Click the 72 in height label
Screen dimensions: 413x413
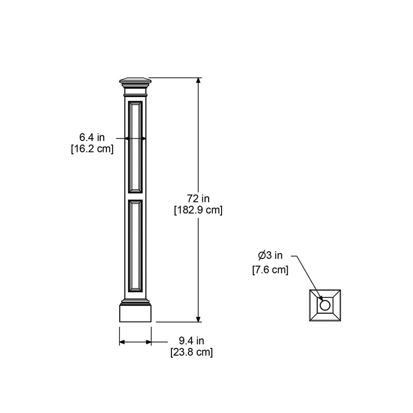[198, 199]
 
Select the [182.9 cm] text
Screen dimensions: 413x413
[199, 210]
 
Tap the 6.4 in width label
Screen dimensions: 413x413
[92, 137]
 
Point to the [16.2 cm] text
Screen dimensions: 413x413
[92, 149]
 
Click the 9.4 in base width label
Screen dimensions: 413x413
[192, 341]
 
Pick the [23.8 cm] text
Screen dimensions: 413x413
[192, 353]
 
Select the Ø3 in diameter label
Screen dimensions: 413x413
[271, 255]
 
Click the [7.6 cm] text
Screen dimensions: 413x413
[270, 270]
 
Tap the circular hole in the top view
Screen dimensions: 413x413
[325, 306]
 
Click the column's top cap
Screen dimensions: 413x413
[136, 81]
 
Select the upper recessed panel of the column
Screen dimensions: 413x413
[136, 147]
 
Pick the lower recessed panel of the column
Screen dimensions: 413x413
[136, 245]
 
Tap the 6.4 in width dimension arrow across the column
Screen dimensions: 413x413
[136, 138]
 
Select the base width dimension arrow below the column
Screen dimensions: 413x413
[135, 342]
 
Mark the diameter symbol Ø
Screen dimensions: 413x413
[262, 255]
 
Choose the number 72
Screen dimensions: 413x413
[193, 199]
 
